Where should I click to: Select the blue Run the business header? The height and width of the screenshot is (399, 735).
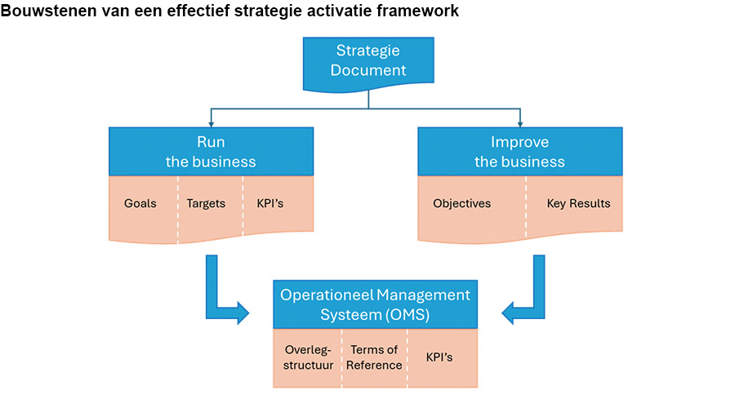211,151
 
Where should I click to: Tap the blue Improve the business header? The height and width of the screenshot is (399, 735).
519,151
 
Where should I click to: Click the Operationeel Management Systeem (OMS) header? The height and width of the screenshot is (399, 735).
375,304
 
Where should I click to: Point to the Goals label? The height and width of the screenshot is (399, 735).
140,203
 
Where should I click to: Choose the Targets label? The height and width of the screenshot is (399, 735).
206,203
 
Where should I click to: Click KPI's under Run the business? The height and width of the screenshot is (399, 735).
269,203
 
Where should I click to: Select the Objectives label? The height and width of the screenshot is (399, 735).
461,203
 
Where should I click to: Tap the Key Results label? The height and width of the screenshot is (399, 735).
578,203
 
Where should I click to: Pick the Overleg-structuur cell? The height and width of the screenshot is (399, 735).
306,357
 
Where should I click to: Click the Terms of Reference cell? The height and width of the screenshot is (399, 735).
374,357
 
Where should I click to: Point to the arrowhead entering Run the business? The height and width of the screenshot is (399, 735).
212,122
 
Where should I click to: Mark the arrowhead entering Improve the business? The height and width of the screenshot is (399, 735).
519,122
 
